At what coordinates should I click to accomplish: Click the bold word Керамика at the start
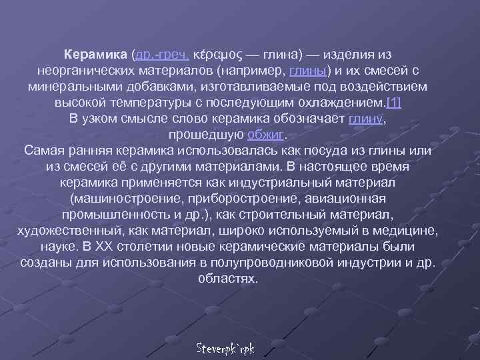click(x=97, y=54)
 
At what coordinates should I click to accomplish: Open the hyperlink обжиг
click(x=266, y=134)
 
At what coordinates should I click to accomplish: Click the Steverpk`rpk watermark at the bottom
click(x=227, y=349)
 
